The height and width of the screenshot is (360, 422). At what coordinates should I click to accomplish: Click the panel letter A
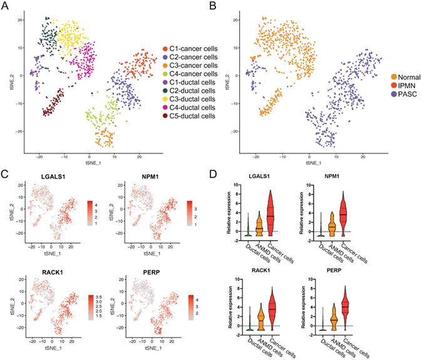pyautogui.click(x=6, y=7)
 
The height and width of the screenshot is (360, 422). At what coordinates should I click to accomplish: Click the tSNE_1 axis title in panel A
pyautogui.click(x=88, y=158)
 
